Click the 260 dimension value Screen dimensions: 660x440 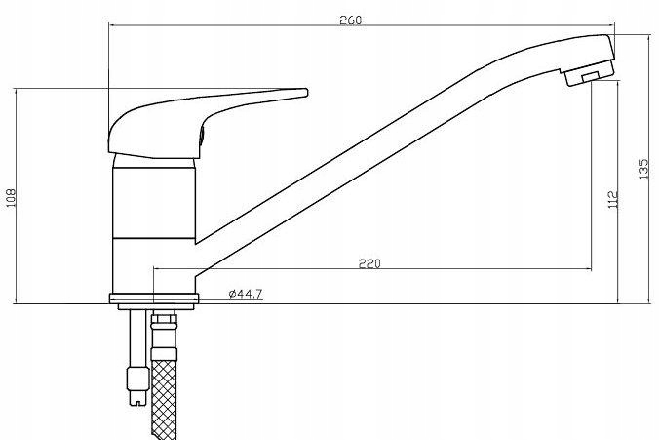[x=350, y=20]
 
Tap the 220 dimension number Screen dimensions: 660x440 [x=369, y=263]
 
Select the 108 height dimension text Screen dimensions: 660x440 [x=11, y=197]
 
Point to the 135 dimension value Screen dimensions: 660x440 [x=643, y=169]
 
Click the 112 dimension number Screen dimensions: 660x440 [x=614, y=199]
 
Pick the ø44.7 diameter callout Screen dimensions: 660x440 [x=246, y=294]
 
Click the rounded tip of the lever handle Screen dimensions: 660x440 [x=305, y=93]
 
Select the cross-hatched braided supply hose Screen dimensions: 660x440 [x=164, y=399]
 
